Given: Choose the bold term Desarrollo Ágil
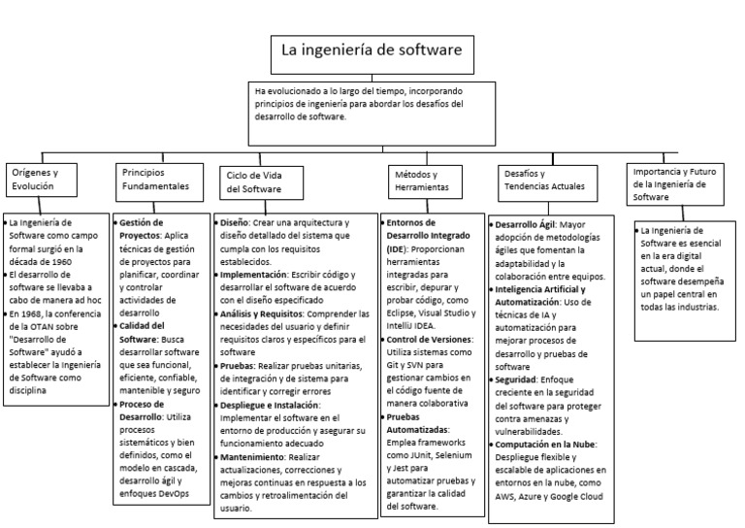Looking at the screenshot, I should coord(529,222).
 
